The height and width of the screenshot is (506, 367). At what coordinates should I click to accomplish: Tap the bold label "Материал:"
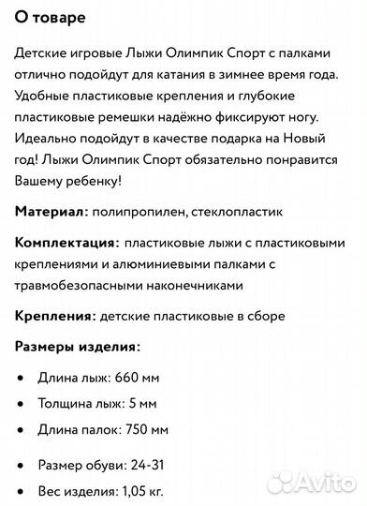(x=52, y=213)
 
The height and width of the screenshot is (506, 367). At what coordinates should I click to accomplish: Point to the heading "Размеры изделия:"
(x=77, y=346)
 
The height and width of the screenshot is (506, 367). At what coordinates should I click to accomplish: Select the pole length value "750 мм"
(x=146, y=430)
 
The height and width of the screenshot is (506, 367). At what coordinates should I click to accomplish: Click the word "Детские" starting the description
(x=42, y=53)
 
